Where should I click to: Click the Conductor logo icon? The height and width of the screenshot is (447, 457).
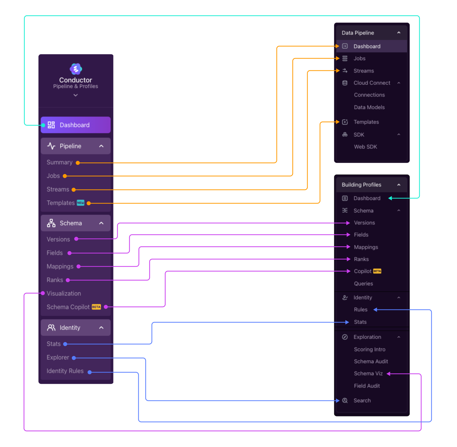tap(76, 69)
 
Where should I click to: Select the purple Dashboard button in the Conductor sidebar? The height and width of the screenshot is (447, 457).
tap(76, 125)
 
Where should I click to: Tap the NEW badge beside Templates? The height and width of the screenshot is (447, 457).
tap(80, 203)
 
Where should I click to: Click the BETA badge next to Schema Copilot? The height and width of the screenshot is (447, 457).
tap(96, 307)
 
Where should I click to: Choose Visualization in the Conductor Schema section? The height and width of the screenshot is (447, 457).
tap(64, 293)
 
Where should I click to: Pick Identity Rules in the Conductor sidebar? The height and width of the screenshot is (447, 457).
tap(65, 371)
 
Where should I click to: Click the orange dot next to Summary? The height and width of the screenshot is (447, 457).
tap(78, 163)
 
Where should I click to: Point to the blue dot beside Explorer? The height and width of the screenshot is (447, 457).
tap(74, 358)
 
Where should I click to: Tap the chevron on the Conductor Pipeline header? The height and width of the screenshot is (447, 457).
tap(101, 146)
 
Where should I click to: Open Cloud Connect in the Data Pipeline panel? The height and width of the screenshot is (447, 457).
tap(372, 83)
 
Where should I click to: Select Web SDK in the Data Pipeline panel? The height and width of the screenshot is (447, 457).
tap(366, 147)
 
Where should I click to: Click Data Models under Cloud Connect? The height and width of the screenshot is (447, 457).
tap(369, 107)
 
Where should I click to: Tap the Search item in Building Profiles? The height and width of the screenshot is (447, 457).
tap(362, 400)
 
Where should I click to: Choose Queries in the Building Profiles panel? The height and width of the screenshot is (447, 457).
tap(363, 283)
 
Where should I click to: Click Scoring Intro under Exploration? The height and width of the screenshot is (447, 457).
tap(370, 349)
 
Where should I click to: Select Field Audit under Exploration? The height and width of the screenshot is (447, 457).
tap(367, 386)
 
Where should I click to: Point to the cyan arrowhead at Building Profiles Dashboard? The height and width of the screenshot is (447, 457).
tap(390, 198)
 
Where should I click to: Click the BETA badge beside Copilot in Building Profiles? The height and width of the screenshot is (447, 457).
tap(377, 271)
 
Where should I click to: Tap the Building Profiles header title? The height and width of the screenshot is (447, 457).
tap(361, 185)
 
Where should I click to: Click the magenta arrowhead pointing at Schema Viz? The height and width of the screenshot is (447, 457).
tap(389, 374)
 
